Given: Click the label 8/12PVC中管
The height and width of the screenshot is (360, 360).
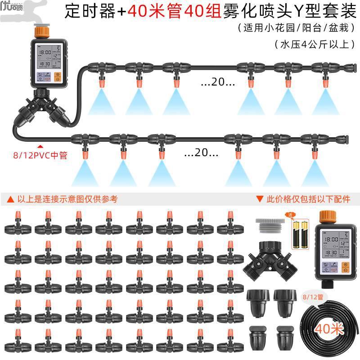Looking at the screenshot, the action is tap(40, 156).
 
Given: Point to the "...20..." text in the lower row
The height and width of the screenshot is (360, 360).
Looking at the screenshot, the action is tap(201, 153).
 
